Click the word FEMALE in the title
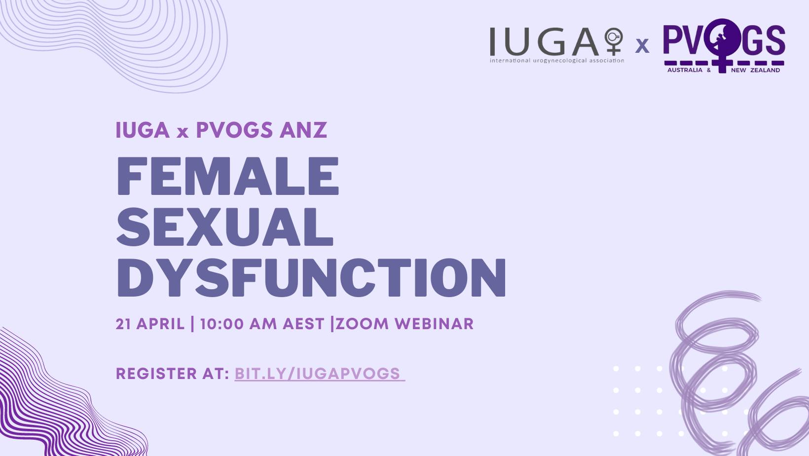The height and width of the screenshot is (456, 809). tap(227, 176)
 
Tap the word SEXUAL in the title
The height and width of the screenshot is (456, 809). tap(225, 227)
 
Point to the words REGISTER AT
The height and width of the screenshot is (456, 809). tap(172, 374)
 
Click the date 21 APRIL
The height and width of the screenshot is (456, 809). tap(150, 324)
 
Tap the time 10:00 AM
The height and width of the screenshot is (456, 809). tap(238, 324)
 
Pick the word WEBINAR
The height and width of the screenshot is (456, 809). tap(434, 324)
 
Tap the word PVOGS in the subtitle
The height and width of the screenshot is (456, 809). tap(234, 130)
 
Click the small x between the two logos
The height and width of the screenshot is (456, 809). tap(642, 46)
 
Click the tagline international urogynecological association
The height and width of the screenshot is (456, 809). tap(556, 61)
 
